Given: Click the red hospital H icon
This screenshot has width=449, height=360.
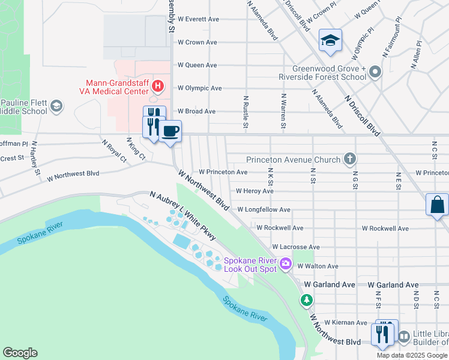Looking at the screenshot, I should [157, 86].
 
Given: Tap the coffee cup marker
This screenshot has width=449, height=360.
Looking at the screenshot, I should [171, 130].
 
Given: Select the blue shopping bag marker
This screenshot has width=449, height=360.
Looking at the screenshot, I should [437, 205].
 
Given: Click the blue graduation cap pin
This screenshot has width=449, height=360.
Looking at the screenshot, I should [330, 40].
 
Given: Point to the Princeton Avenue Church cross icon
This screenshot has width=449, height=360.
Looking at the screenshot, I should [350, 160].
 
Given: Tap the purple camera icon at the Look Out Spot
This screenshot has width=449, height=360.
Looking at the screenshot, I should [286, 263].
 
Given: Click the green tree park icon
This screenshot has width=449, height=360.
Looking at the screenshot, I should [307, 299].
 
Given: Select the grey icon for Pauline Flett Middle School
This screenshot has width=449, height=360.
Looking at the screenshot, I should [56, 106].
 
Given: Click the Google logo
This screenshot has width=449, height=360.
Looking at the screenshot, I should [20, 353].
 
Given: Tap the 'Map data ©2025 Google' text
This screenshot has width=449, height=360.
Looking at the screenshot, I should [412, 355].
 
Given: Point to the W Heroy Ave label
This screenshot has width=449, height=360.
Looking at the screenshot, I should [255, 191].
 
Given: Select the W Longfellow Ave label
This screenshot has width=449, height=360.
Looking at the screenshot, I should [264, 210].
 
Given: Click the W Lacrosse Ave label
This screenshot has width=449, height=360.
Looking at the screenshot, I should [296, 247].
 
